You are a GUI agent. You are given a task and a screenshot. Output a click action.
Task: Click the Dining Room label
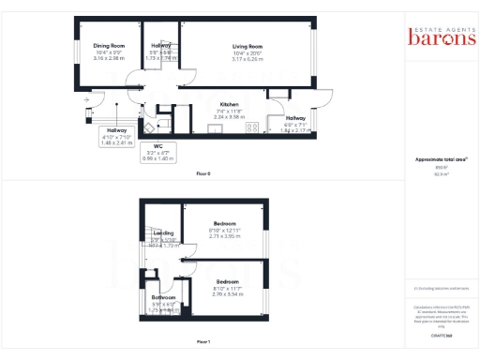[x=109, y=45]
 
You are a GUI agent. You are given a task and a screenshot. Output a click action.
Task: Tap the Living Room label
[x=247, y=45]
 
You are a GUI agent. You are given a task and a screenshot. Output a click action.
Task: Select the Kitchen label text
[x=230, y=104]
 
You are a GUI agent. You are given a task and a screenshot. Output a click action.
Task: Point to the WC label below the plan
[x=145, y=147]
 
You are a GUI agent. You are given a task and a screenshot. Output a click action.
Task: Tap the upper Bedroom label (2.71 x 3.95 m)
[x=225, y=224]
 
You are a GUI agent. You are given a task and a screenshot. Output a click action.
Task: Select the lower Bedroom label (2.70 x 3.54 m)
[x=228, y=282]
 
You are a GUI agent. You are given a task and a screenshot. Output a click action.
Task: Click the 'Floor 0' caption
[x=203, y=175]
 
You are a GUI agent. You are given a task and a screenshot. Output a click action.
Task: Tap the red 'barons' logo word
[x=437, y=37]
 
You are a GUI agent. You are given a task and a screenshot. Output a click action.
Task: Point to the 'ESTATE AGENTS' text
[x=437, y=25]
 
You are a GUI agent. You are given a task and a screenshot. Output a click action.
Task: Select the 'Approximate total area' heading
[x=436, y=160]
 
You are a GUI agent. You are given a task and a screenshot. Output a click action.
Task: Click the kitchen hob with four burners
[x=251, y=127]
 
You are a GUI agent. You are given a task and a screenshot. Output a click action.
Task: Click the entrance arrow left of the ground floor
[x=85, y=97]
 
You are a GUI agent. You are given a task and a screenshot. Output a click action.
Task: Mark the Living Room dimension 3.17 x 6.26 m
[x=247, y=58]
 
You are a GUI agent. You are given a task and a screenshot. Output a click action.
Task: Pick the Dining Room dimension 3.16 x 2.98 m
[x=109, y=57]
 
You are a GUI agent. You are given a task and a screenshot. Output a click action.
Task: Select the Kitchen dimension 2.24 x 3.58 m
[x=230, y=116]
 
